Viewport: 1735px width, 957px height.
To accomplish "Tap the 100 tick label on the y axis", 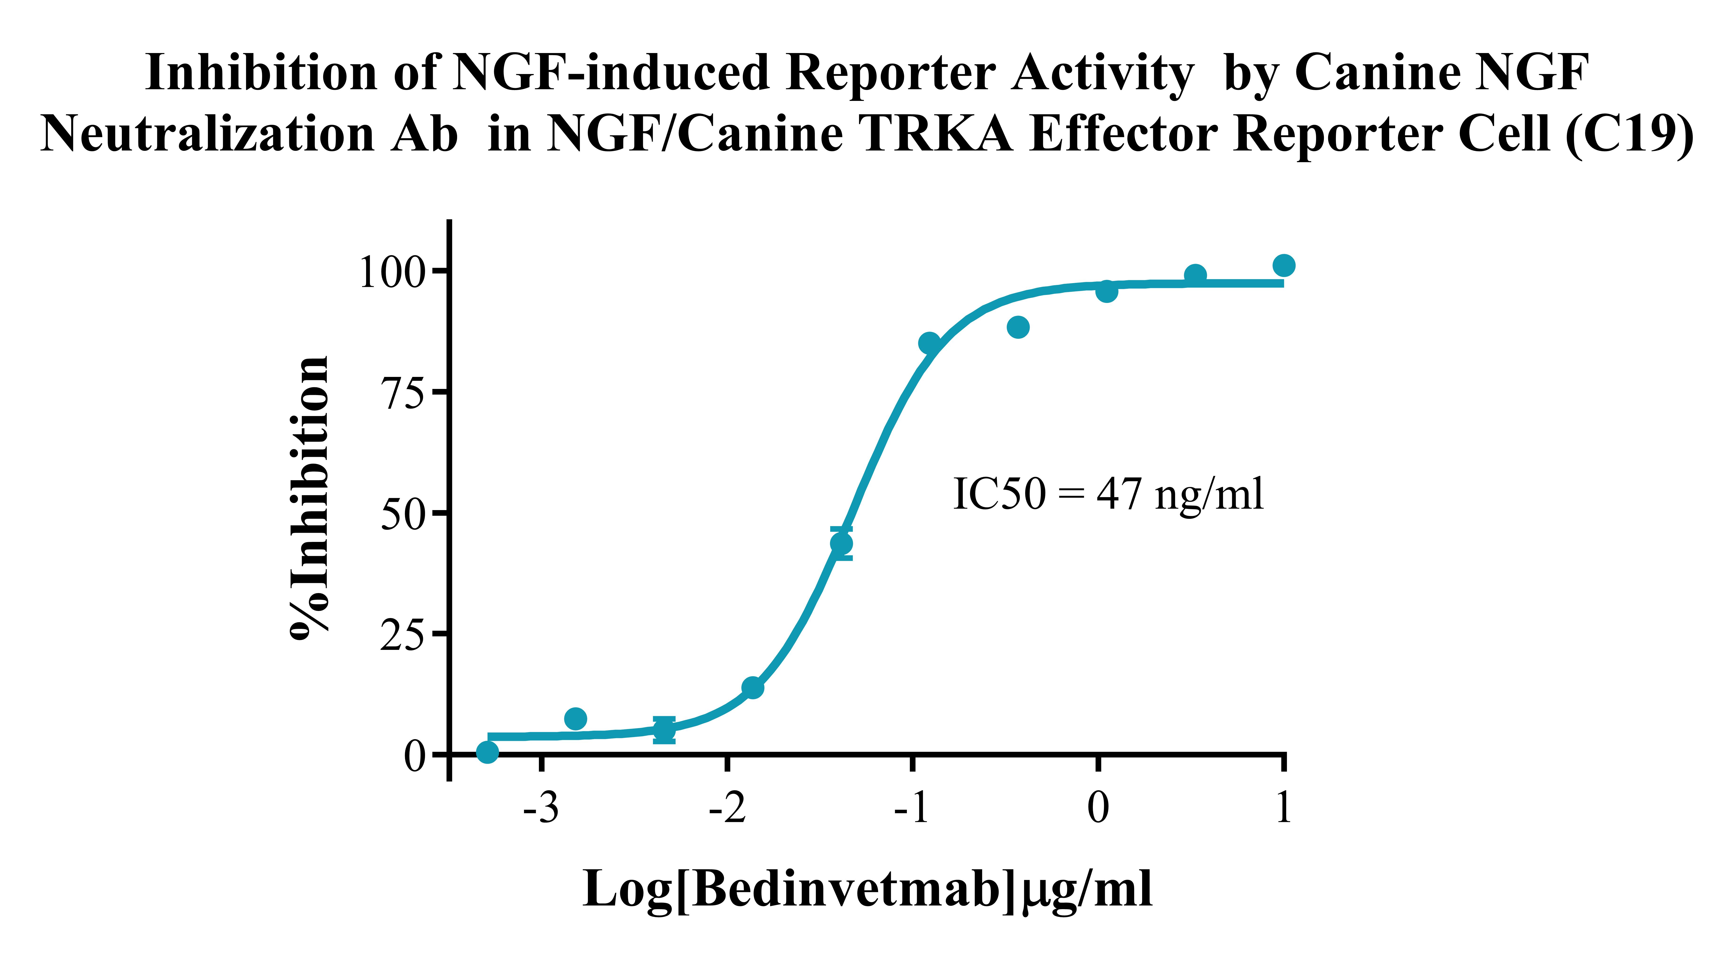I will tap(393, 273).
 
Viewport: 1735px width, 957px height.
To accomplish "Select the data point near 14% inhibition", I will tap(752, 688).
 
